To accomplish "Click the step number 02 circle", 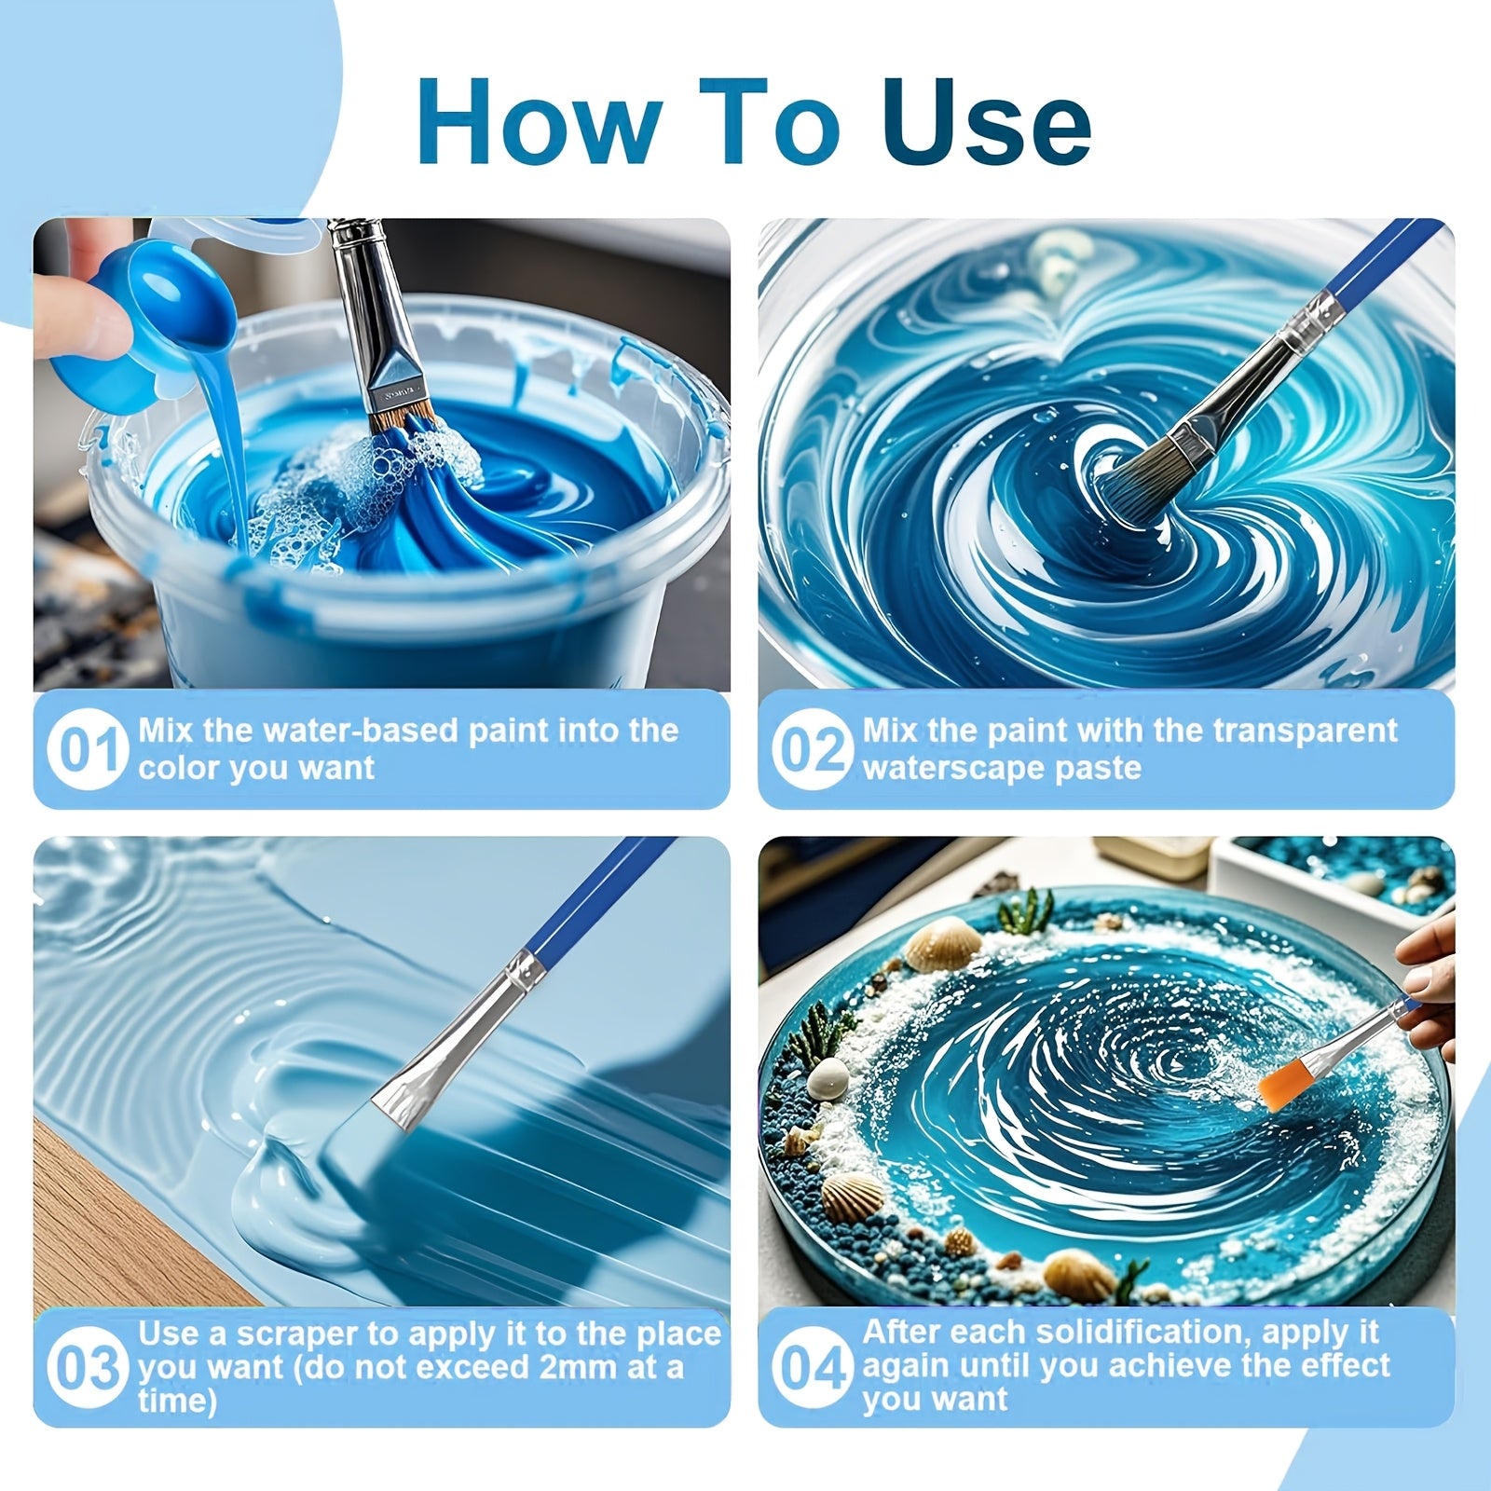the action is tap(812, 750).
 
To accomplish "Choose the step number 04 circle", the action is tap(812, 1367).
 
